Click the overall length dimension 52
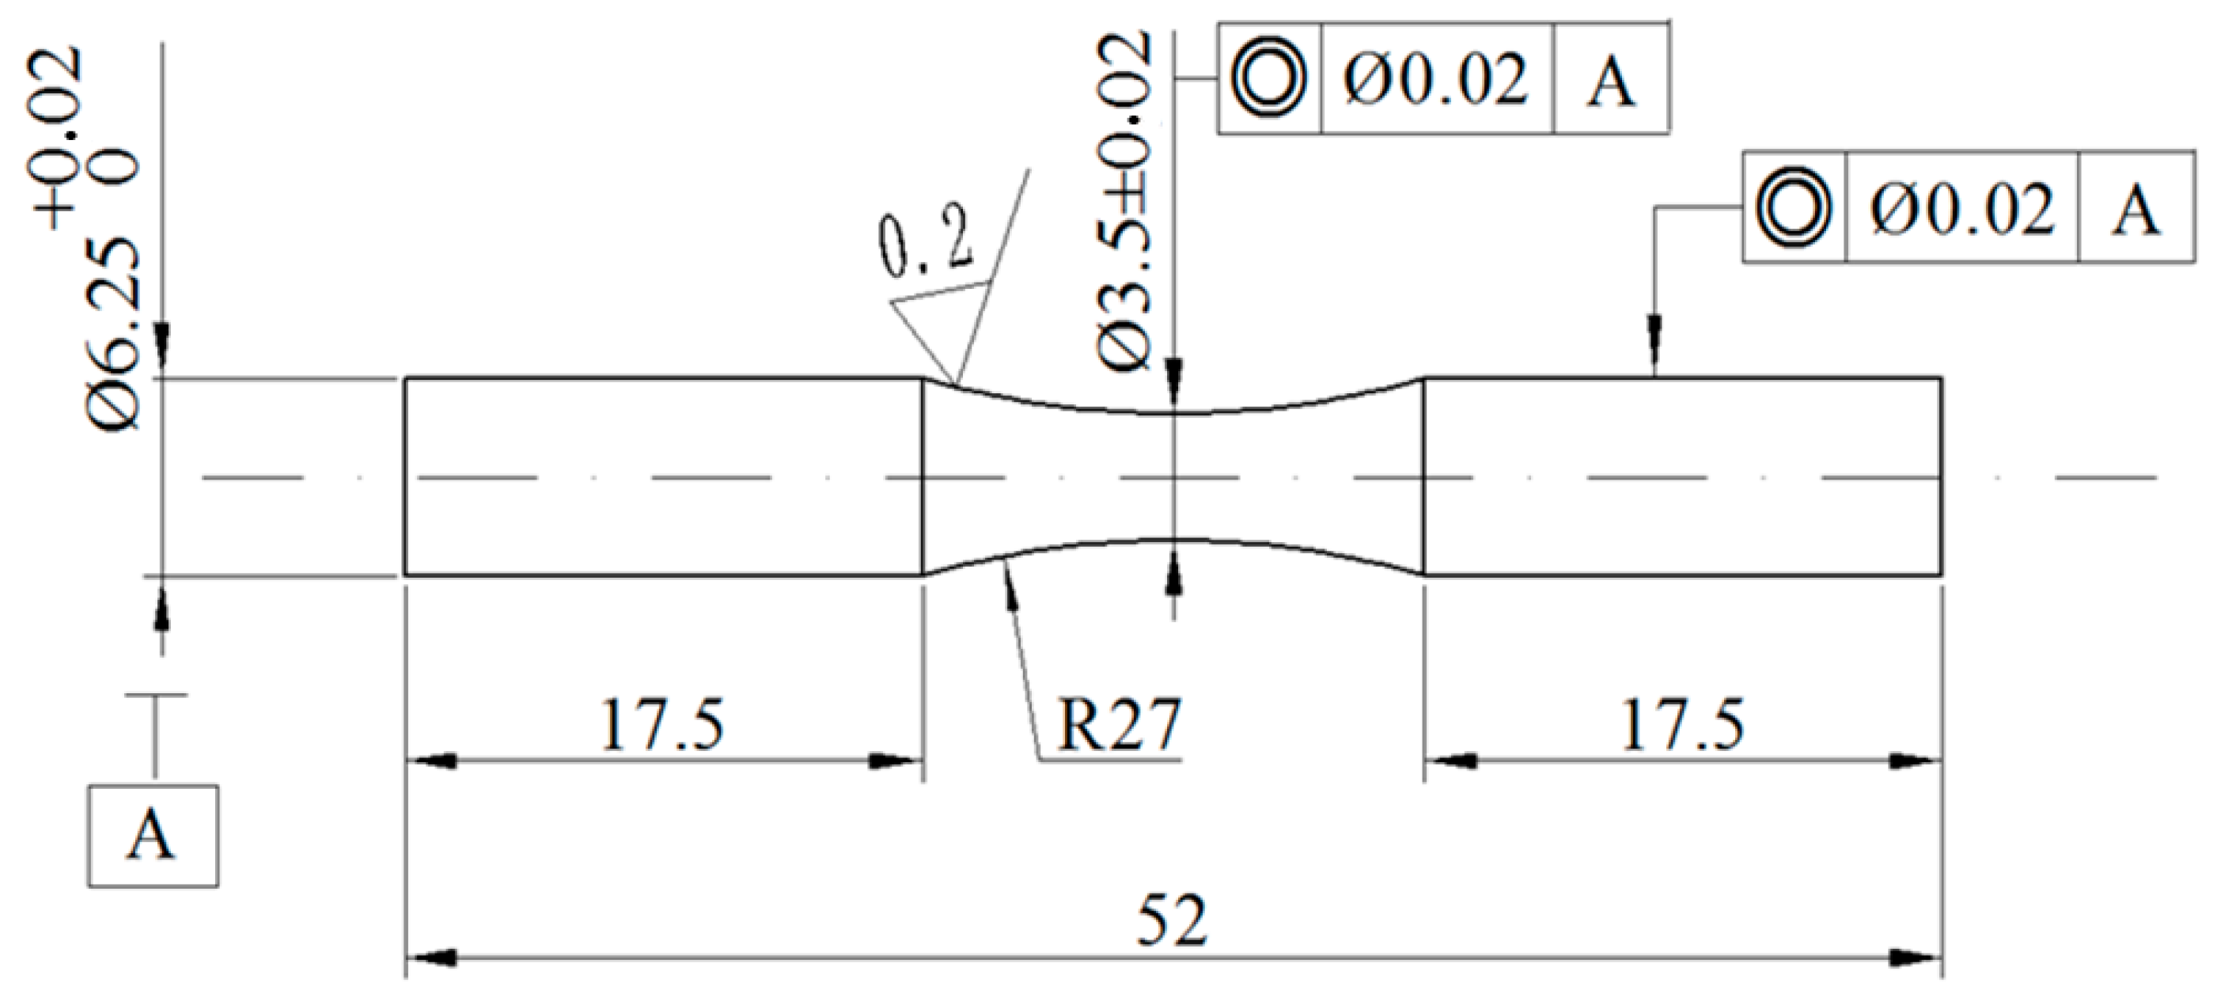pos(1172,920)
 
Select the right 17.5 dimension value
pos(1683,725)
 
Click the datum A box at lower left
pos(153,836)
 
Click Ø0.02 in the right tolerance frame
pos(1963,209)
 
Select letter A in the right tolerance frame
pos(2136,209)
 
